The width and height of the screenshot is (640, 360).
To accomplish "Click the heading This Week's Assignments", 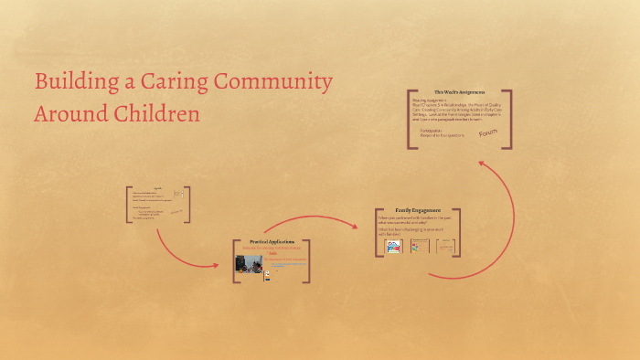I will pos(460,92).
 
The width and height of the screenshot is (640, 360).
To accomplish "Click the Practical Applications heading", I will pos(272,241).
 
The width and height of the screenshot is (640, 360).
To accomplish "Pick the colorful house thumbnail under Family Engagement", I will pos(394,246).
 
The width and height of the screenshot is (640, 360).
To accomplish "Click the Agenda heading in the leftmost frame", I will pos(157,188).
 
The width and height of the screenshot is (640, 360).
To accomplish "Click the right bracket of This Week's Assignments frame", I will pos(508,119).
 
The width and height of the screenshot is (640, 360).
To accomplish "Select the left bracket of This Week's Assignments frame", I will pos(409,119).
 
